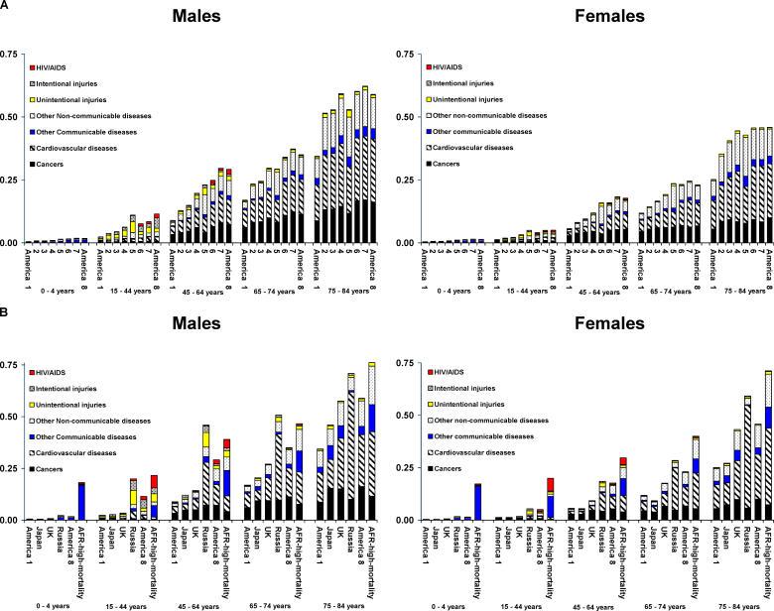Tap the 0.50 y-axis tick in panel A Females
pos(404,116)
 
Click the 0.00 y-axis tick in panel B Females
pos(404,520)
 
